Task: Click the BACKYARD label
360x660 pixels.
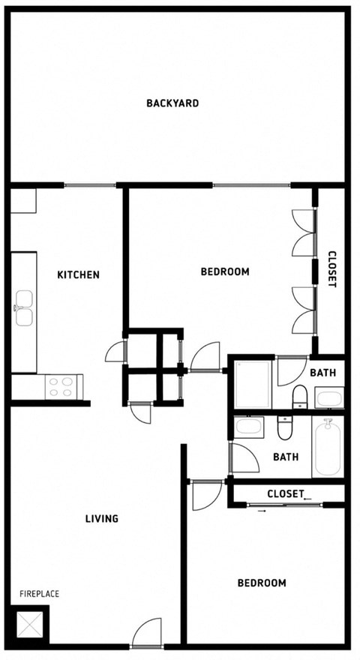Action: (172, 103)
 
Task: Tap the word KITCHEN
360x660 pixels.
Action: (78, 274)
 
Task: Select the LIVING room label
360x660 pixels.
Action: (102, 518)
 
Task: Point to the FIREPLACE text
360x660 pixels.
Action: (39, 594)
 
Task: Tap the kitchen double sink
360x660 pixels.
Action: (24, 308)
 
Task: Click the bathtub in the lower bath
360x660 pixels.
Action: (328, 447)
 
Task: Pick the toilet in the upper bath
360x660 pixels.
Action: (299, 395)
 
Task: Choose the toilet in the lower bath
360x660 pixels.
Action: (285, 428)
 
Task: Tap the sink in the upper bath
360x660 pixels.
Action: (329, 397)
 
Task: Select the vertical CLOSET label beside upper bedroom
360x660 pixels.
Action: (331, 269)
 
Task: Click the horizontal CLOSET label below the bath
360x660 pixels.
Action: (285, 493)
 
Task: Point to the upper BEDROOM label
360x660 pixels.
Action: (225, 271)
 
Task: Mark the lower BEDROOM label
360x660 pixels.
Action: (262, 583)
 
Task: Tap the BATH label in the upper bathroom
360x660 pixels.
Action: (322, 372)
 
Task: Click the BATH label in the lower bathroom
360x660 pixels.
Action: (286, 457)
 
